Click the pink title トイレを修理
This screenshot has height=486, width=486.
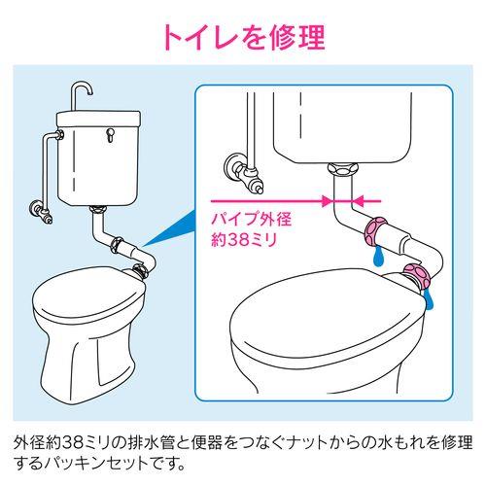pyautogui.click(x=244, y=38)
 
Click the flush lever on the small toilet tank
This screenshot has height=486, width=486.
pyautogui.click(x=110, y=133)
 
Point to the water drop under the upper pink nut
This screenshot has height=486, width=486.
pyautogui.click(x=379, y=256)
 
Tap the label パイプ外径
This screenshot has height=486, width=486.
pyautogui.click(x=252, y=219)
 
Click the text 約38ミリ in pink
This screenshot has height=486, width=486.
pyautogui.click(x=244, y=240)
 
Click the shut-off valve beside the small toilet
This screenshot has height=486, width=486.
pyautogui.click(x=41, y=211)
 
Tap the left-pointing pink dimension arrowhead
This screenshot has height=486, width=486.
pyautogui.click(x=358, y=201)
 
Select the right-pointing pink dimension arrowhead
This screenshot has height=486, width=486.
pyautogui.click(x=328, y=201)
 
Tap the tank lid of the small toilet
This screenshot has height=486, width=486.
pyautogui.click(x=99, y=119)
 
